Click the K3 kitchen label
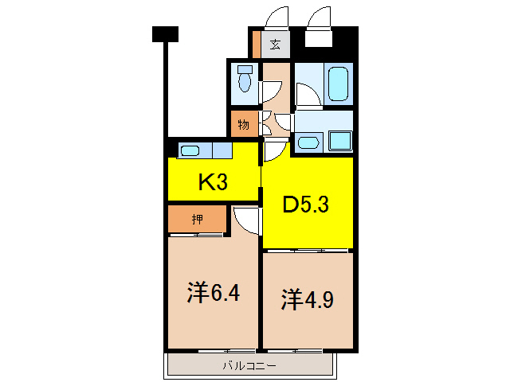[213, 183]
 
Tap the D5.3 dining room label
[308, 205]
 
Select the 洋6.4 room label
[213, 293]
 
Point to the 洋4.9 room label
[306, 299]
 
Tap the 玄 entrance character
[275, 45]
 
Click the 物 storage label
[243, 124]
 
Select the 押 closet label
[197, 218]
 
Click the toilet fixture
[245, 80]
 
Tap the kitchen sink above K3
[190, 150]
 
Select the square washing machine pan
[341, 141]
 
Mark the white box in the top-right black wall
[319, 37]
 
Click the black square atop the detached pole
[165, 33]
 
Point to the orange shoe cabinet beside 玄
[257, 45]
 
